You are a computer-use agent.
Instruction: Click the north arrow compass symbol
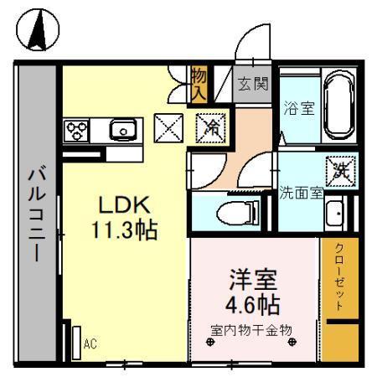point(38,33)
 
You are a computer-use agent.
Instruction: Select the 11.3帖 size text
point(125,230)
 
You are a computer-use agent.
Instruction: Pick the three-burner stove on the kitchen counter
point(78,131)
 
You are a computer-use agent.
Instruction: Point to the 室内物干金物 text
point(251,329)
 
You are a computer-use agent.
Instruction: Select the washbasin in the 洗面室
point(336,214)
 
